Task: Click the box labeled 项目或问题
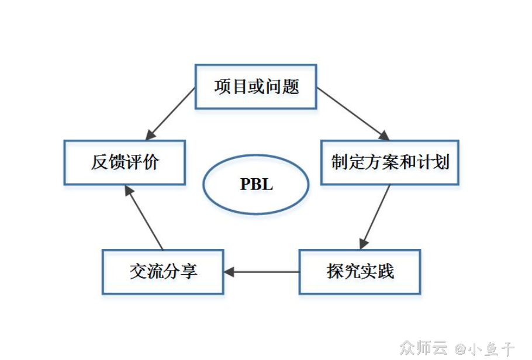point(256,87)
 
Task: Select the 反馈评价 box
point(125,162)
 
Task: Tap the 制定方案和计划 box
point(390,162)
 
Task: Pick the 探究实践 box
point(360,272)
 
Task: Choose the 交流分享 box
point(163,272)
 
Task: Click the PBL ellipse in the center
point(256,184)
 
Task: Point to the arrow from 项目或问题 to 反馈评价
point(171,114)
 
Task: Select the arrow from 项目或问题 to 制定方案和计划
point(352,114)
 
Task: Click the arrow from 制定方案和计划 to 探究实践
point(375,217)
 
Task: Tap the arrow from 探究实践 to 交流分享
point(262,272)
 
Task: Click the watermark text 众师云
point(423,348)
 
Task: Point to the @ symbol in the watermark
point(460,349)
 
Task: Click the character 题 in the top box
point(291,87)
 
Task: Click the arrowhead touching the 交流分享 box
point(229,272)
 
